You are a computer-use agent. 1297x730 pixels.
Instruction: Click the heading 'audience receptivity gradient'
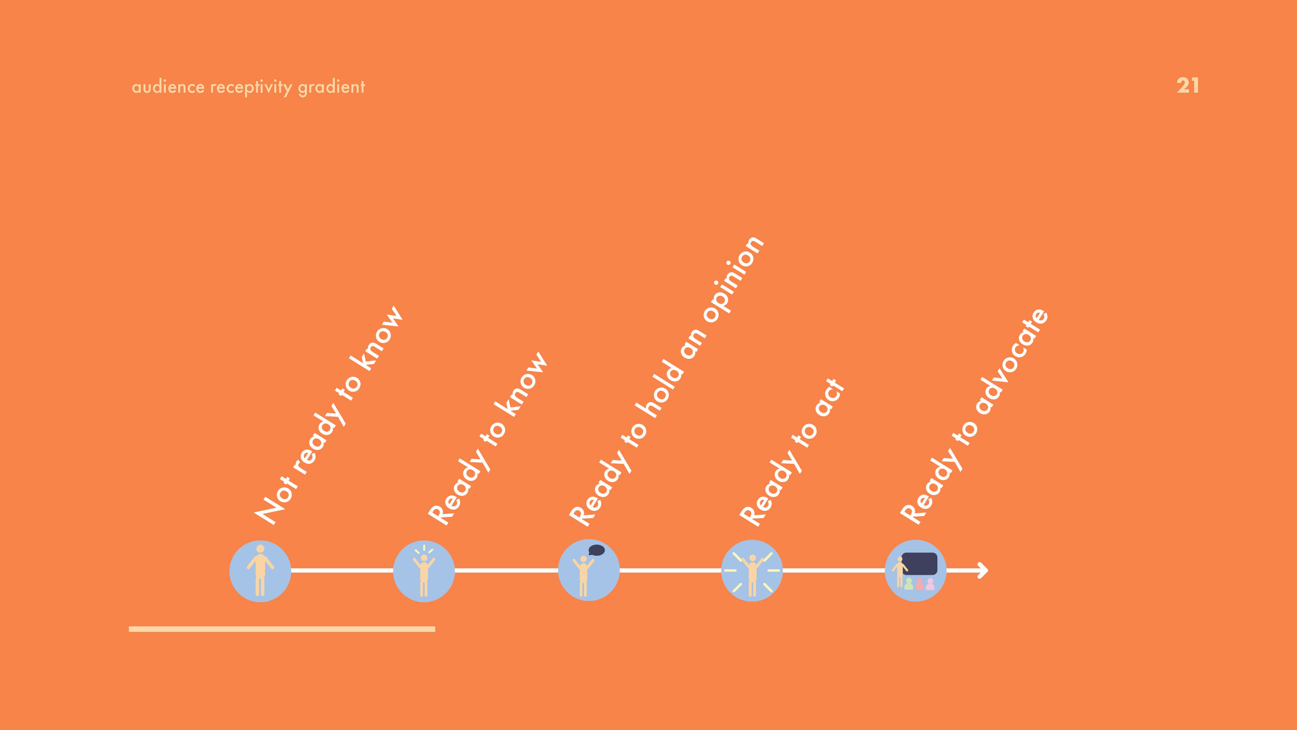(x=248, y=87)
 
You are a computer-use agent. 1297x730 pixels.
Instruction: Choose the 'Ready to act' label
(x=791, y=452)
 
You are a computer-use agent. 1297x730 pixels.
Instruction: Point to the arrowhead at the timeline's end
(x=983, y=570)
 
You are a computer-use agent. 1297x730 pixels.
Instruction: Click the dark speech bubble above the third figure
(x=597, y=550)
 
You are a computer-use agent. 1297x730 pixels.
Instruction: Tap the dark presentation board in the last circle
(x=919, y=564)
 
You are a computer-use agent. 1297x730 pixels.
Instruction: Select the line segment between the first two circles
(x=342, y=570)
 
